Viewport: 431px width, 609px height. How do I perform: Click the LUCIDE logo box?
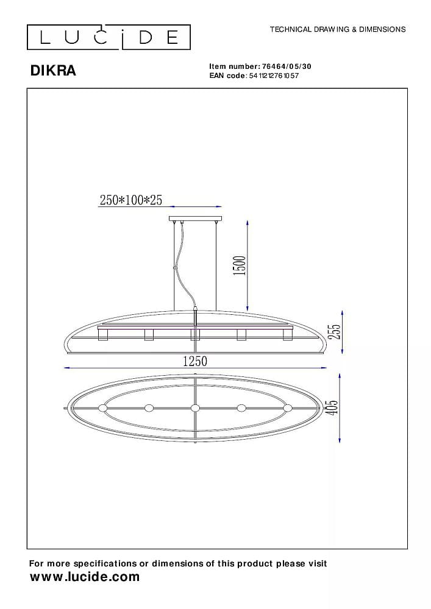(109, 37)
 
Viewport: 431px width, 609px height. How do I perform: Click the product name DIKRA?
(53, 71)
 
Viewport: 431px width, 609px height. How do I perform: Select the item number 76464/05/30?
(287, 66)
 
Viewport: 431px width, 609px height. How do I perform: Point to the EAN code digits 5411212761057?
(274, 76)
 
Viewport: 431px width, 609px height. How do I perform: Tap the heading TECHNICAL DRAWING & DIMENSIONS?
(338, 29)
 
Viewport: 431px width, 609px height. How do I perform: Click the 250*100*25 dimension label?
(131, 200)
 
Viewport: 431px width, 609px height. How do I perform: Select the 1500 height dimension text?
(240, 266)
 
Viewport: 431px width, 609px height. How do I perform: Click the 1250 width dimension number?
(195, 361)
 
